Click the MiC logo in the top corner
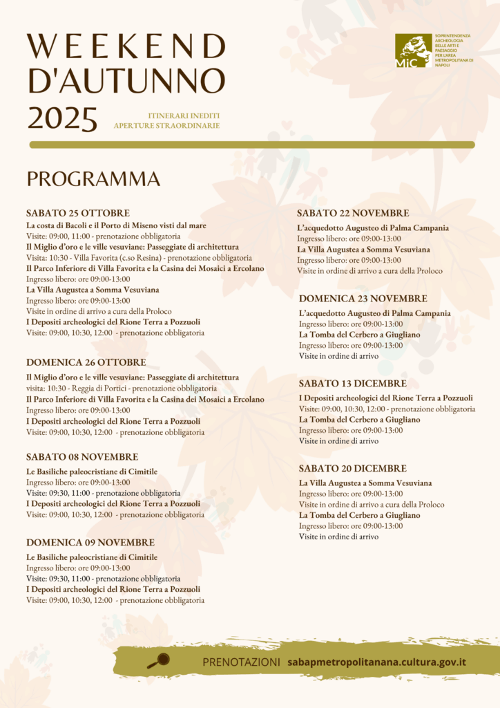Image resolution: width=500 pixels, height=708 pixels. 413,51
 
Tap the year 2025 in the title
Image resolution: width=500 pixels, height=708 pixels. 62,119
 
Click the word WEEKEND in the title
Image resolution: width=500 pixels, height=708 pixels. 126,47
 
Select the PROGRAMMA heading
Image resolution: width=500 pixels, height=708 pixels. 93,179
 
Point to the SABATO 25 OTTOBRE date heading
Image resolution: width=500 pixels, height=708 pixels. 78,213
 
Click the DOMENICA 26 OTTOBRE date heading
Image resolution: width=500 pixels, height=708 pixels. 86,362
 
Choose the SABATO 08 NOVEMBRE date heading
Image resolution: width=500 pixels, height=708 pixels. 82,457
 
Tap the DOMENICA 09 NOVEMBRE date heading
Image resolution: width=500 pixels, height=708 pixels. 90,543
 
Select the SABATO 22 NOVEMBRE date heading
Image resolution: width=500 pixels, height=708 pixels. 353,214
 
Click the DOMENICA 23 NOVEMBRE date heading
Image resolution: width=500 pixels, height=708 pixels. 363,299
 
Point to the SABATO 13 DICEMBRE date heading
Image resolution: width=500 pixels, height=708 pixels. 352,384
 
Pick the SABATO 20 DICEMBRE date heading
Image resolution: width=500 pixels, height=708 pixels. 352,469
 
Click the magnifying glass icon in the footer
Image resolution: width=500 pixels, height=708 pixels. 158,661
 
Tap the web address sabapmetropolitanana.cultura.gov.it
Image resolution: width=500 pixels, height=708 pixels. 376,662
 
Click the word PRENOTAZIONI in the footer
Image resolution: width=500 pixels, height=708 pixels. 241,662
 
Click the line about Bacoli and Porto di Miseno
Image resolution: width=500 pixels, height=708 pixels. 116,225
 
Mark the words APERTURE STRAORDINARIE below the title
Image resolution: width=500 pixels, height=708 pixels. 166,126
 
